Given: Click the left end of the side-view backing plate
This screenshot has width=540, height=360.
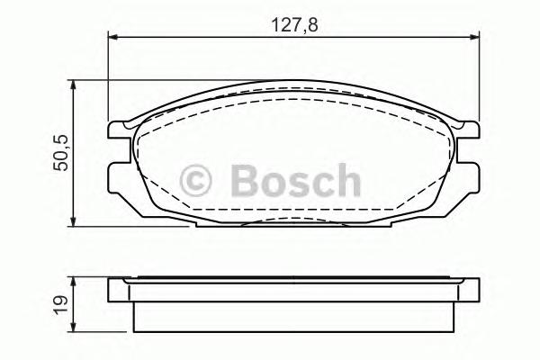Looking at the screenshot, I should click(x=112, y=291).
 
